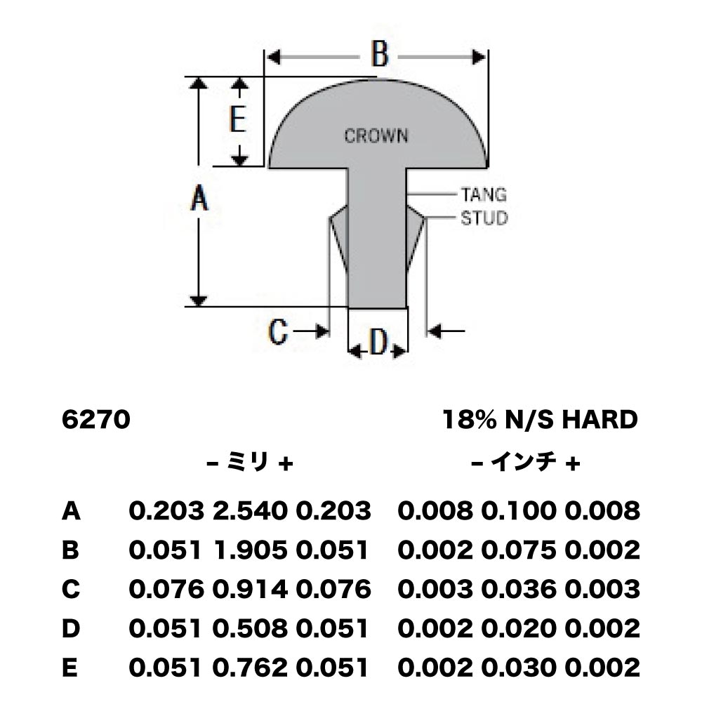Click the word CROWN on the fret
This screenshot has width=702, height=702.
point(376,135)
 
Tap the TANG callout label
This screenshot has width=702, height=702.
point(484,194)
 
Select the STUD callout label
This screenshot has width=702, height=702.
point(484,218)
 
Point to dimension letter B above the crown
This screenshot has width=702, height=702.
point(380,54)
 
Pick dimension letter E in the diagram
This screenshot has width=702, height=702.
point(237,119)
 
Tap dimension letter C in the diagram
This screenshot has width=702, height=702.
point(277,332)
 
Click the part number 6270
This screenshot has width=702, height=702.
point(95,420)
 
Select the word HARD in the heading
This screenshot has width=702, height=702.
point(600,420)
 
